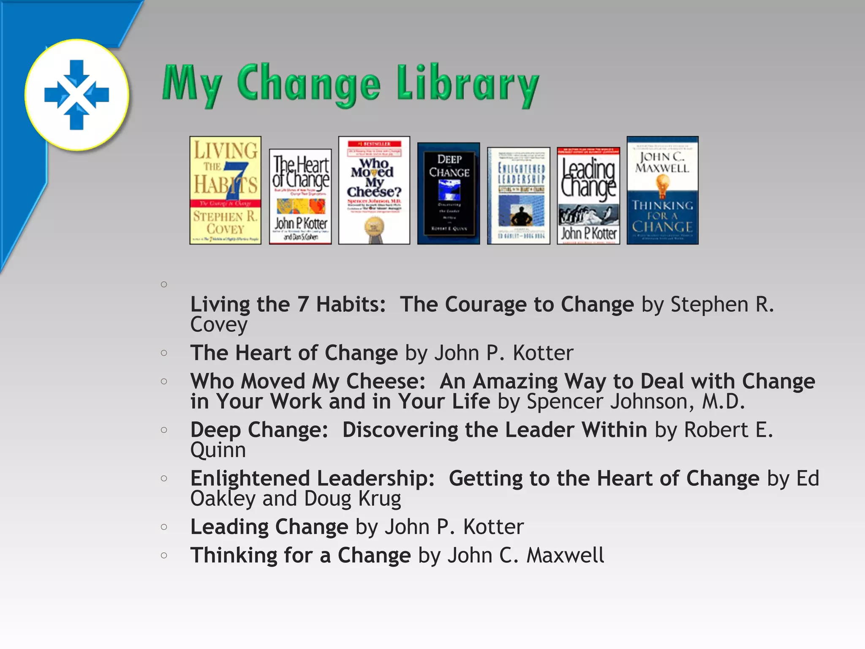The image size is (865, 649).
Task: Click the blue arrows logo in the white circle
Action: (76, 95)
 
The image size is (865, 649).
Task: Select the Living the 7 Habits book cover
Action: (225, 190)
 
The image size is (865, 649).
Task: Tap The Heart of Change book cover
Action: (300, 196)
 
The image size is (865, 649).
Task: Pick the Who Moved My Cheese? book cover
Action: (374, 190)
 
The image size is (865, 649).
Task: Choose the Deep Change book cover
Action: (449, 194)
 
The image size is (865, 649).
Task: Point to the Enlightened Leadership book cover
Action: (519, 196)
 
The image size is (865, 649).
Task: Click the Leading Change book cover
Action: (588, 196)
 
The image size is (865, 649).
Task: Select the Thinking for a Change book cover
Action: (662, 190)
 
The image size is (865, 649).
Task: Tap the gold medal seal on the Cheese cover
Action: (374, 228)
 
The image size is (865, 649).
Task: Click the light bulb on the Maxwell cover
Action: (662, 185)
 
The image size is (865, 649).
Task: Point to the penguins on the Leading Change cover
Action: (588, 215)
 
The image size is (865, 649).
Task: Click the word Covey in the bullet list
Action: (219, 324)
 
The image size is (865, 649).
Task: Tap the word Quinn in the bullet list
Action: (218, 450)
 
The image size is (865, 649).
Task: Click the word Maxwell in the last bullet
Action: (565, 555)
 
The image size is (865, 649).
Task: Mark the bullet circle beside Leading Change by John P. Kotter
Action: (164, 527)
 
